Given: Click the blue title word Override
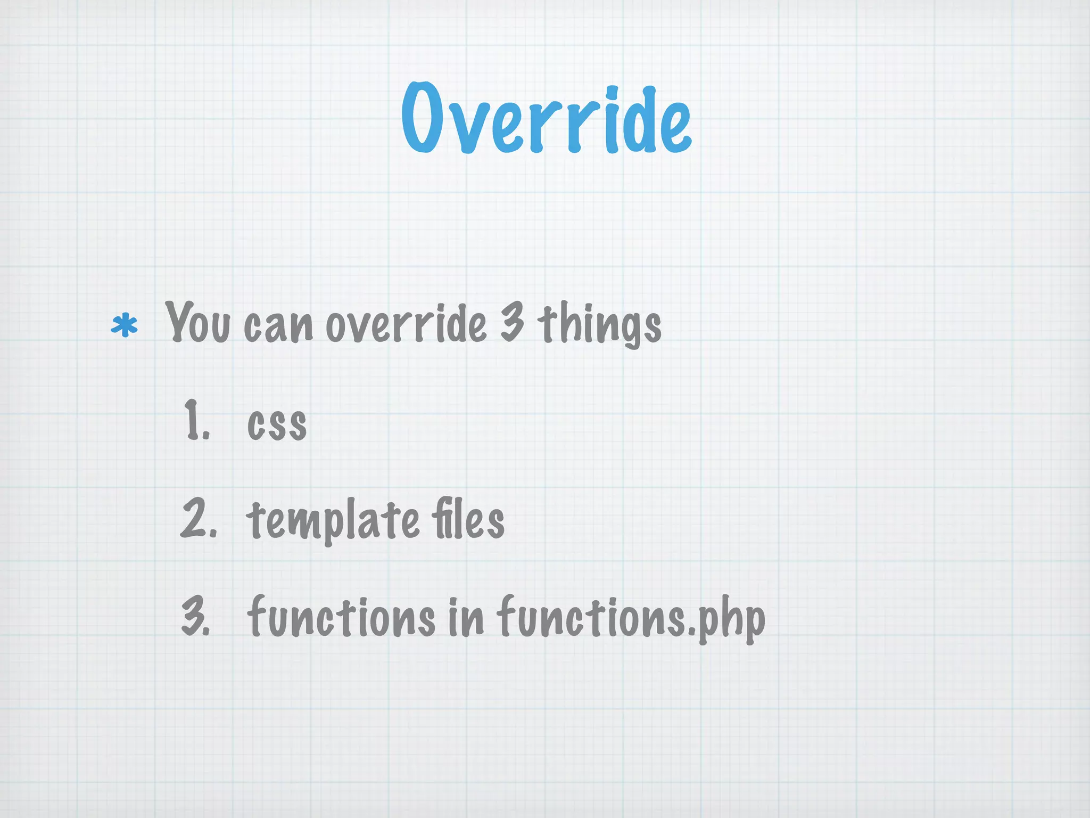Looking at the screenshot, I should (546, 118).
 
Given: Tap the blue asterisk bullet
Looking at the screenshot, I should (124, 326).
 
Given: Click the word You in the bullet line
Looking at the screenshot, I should (197, 322).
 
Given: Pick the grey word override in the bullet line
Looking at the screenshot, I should (406, 324).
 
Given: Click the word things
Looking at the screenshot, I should (599, 324).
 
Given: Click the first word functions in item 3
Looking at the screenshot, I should (341, 617).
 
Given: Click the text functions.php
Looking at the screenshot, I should (631, 618).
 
